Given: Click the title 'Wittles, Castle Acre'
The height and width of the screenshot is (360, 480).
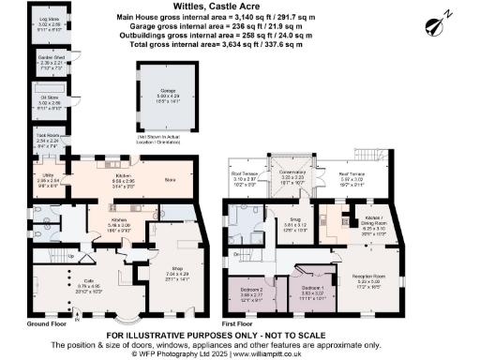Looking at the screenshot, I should [241, 7].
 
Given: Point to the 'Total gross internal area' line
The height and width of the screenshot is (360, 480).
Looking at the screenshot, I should [241, 45].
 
